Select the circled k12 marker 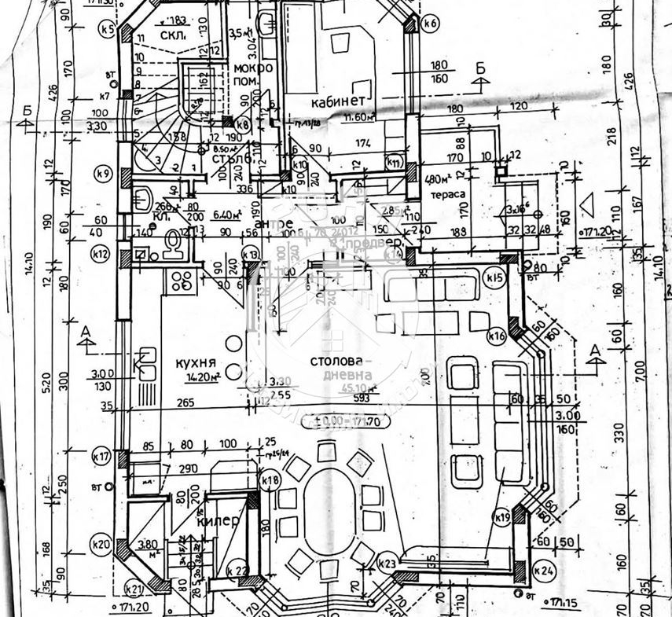pos(99,254)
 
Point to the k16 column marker pos(496,336)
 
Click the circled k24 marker pos(542,570)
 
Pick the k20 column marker pos(100,542)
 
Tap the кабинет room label pos(337,101)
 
